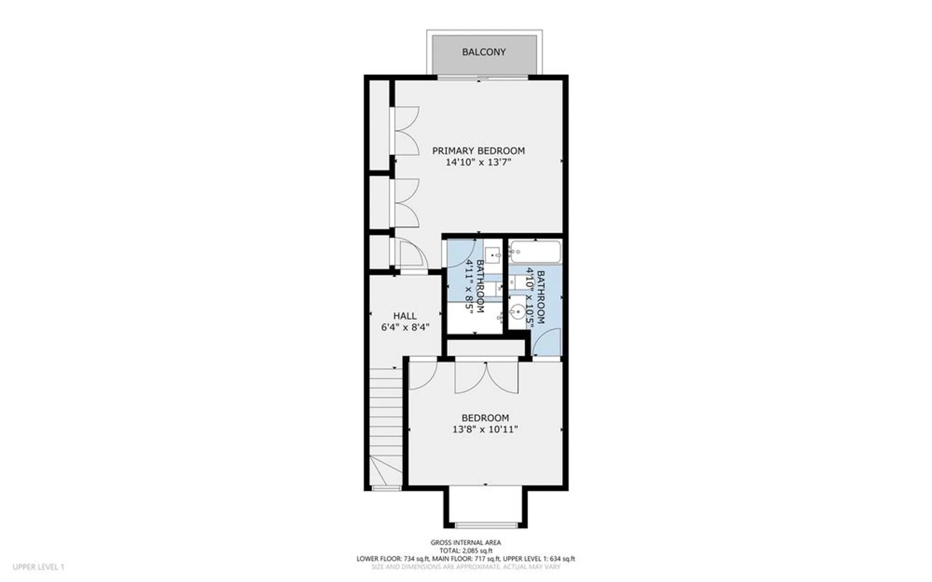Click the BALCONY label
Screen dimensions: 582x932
[x=483, y=52]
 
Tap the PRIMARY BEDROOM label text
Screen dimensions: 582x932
[x=478, y=151]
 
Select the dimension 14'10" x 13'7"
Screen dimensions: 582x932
[x=478, y=162]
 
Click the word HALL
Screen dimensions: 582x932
[x=404, y=316]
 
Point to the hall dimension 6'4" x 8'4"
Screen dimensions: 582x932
[x=404, y=327]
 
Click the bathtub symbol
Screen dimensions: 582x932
[x=535, y=252]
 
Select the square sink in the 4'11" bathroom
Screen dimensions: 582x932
[x=493, y=255]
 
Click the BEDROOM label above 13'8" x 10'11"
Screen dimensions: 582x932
[x=485, y=418]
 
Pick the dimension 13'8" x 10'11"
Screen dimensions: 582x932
[x=485, y=429]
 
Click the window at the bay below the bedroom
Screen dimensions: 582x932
[x=486, y=525]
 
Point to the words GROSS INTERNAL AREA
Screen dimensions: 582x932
[x=465, y=542]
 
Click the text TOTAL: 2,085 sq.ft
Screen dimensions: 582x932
[x=465, y=550]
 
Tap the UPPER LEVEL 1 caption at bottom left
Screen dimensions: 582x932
[x=38, y=567]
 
